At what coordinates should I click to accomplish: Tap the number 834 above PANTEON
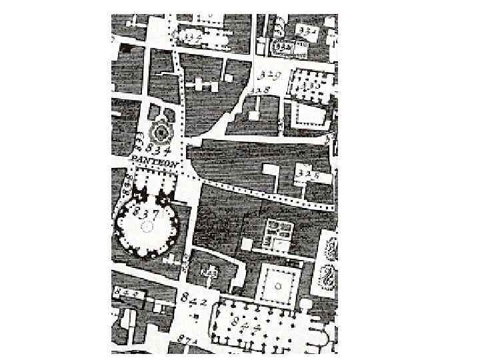point(159,147)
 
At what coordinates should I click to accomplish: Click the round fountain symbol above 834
point(160,130)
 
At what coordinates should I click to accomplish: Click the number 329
point(269,75)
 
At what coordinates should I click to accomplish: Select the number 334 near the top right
point(308,31)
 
